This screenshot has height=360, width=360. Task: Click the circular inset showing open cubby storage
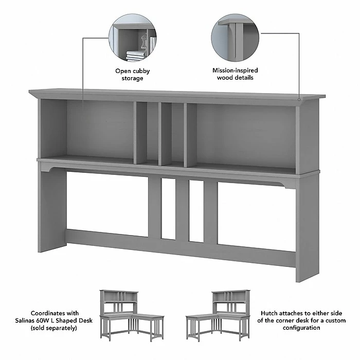tap(132, 40)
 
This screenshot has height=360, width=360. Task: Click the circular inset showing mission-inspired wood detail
tap(235, 40)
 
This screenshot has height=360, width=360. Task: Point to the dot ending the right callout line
tap(299, 98)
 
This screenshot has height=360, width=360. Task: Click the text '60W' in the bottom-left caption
tap(61, 320)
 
